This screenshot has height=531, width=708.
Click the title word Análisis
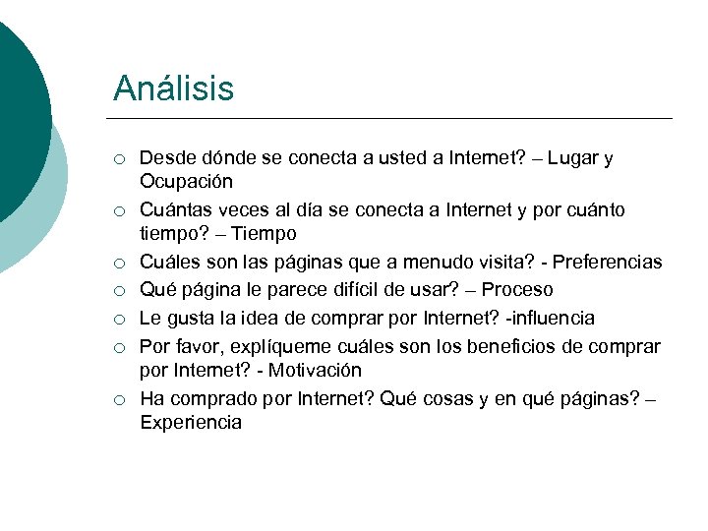click(173, 88)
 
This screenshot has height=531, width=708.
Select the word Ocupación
click(187, 182)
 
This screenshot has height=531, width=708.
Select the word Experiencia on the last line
click(191, 423)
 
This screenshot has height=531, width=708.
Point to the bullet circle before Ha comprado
click(118, 400)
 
